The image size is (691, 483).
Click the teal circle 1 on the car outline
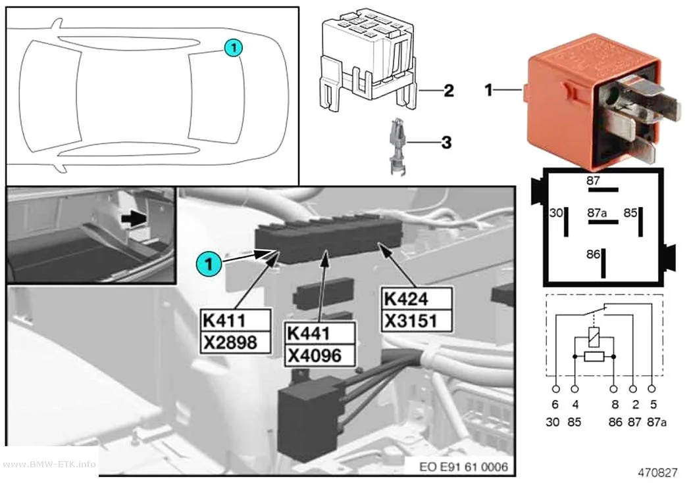(x=233, y=47)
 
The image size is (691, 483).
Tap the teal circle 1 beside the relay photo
(x=209, y=264)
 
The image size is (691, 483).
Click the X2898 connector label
(x=236, y=342)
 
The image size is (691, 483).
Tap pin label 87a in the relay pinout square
(x=597, y=213)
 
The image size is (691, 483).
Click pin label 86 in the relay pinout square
(x=593, y=254)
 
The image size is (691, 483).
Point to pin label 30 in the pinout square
(x=556, y=213)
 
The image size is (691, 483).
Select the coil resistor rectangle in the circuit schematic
(x=594, y=356)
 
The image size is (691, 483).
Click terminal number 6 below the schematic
(x=555, y=404)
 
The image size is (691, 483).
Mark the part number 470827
(x=657, y=473)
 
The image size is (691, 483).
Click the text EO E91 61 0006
(x=463, y=467)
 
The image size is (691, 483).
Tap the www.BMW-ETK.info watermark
(x=49, y=464)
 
